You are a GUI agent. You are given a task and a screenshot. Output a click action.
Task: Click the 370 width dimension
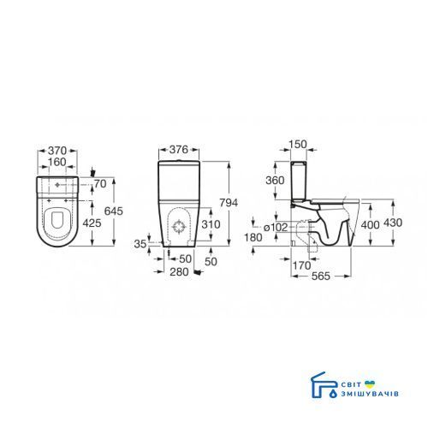[57, 151]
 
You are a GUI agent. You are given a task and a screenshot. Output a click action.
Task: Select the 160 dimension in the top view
[57, 162]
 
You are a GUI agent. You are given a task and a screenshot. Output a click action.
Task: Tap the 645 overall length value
[114, 211]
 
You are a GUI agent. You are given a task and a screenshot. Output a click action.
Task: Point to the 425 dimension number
[92, 223]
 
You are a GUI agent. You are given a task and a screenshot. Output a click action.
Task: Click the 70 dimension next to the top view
[100, 184]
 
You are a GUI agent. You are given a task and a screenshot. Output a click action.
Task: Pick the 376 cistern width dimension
[179, 149]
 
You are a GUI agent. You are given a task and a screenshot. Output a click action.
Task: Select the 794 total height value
[229, 203]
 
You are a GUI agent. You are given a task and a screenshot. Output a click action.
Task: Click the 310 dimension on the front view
[211, 224]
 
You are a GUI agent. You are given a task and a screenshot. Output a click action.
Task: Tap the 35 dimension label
[140, 244]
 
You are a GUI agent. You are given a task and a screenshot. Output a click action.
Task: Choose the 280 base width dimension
[179, 272]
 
